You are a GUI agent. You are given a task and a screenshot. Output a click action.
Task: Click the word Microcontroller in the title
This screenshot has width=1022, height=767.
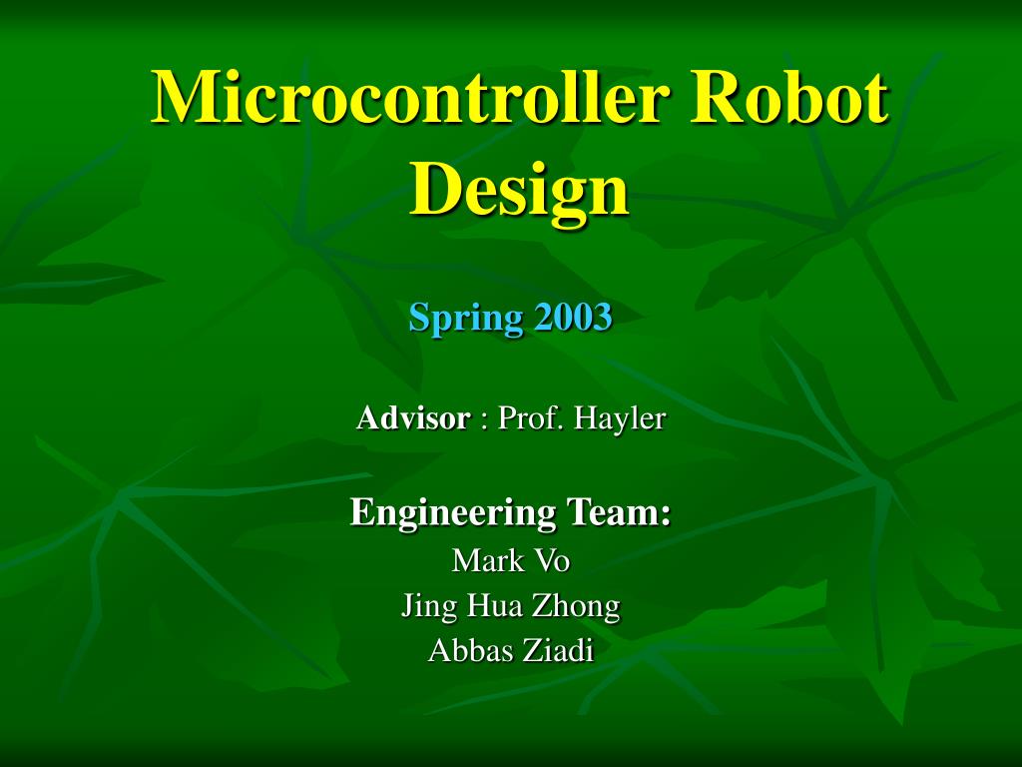[x=411, y=97]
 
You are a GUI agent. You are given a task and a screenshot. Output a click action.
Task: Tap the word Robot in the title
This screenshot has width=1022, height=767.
[x=789, y=97]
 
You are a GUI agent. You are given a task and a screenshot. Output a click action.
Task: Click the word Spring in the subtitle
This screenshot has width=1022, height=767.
[x=466, y=319]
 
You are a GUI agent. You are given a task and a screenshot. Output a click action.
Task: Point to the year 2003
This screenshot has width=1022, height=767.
[x=574, y=317]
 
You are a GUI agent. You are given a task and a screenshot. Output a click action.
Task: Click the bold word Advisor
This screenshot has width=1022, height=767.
[x=413, y=418]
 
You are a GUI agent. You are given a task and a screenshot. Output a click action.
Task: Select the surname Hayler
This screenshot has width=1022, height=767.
[x=620, y=419]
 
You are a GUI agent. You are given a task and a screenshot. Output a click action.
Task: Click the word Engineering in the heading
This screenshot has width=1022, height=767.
[x=453, y=513]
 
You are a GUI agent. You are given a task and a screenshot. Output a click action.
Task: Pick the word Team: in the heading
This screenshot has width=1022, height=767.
[x=619, y=512]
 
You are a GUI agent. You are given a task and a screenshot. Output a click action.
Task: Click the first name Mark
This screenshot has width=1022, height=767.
[x=487, y=560]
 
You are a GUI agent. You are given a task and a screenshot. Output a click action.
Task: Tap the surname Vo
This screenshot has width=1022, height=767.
[x=551, y=560]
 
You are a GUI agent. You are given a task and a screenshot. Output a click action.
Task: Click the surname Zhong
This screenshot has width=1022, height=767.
[x=576, y=606]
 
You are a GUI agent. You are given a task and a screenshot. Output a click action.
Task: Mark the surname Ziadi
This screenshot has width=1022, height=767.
[x=555, y=650]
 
